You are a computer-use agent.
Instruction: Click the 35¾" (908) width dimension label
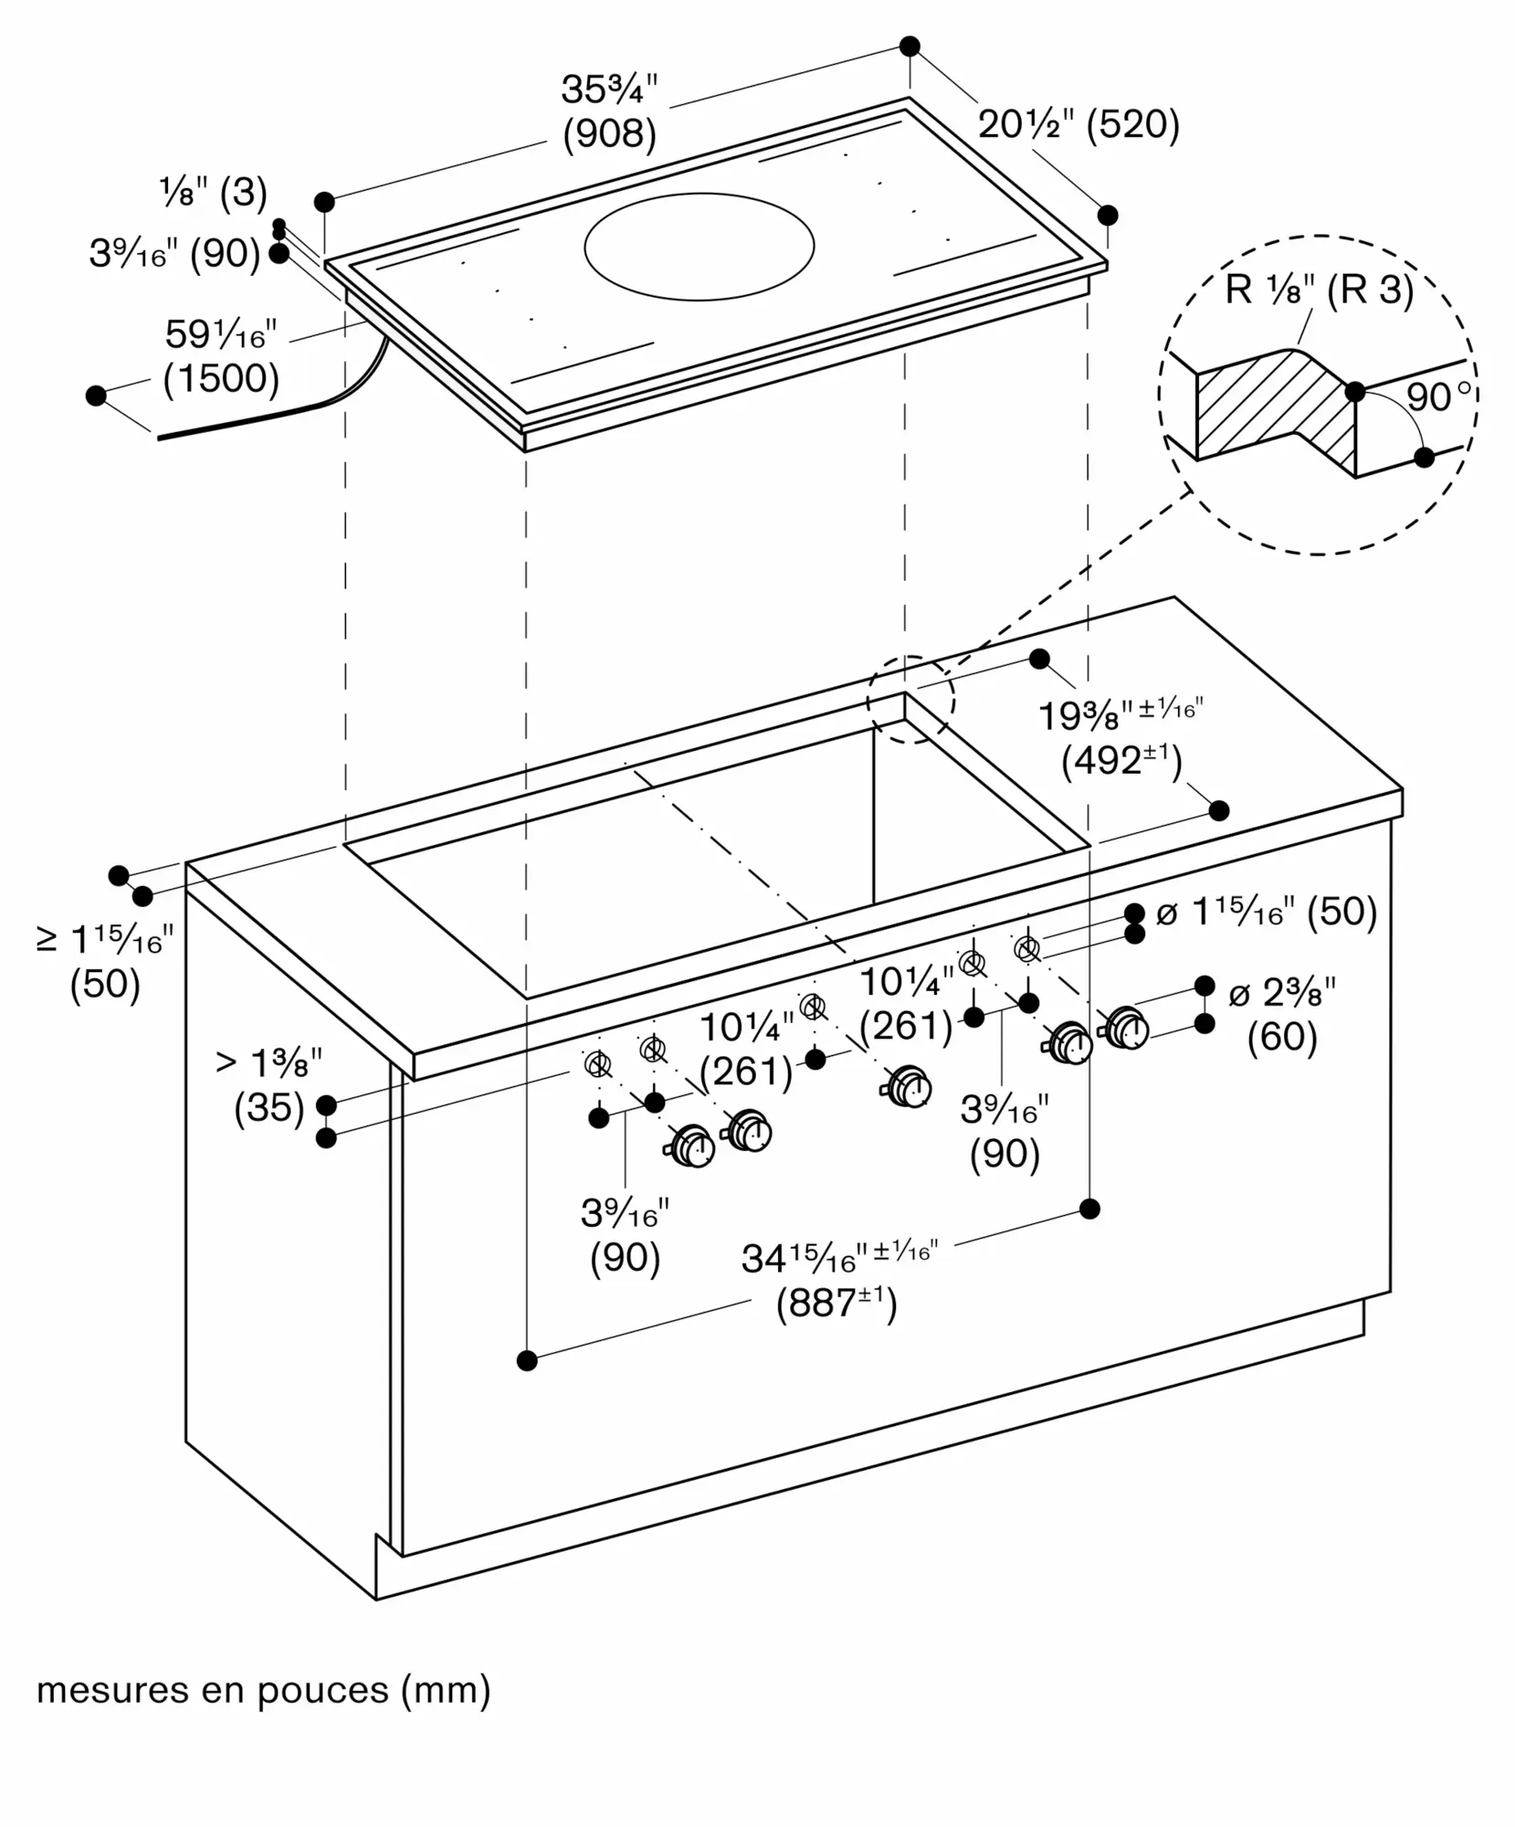click(x=609, y=111)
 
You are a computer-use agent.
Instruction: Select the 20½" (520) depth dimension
click(x=1078, y=124)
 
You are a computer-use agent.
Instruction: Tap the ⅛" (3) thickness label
click(x=214, y=193)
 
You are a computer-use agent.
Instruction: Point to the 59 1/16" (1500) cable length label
click(x=221, y=356)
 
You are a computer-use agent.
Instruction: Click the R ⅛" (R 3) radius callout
click(x=1319, y=290)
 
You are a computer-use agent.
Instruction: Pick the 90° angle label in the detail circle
click(x=1438, y=397)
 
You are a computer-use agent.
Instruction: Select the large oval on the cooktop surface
click(x=699, y=247)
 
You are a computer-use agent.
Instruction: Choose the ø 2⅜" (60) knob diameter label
click(x=1282, y=1016)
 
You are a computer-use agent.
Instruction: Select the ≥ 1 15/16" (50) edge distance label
click(x=105, y=961)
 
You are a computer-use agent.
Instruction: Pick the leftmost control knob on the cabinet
click(x=693, y=1147)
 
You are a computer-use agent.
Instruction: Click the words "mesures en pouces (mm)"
click(x=264, y=1691)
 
